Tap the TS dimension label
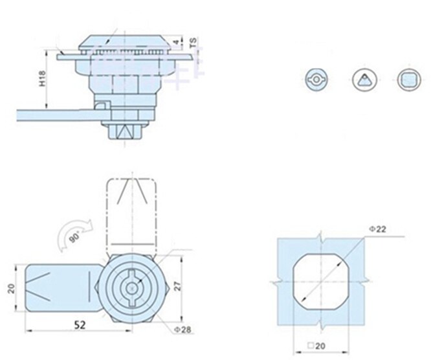[x=193, y=43]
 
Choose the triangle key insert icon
[x=364, y=80]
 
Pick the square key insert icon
[x=408, y=80]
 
